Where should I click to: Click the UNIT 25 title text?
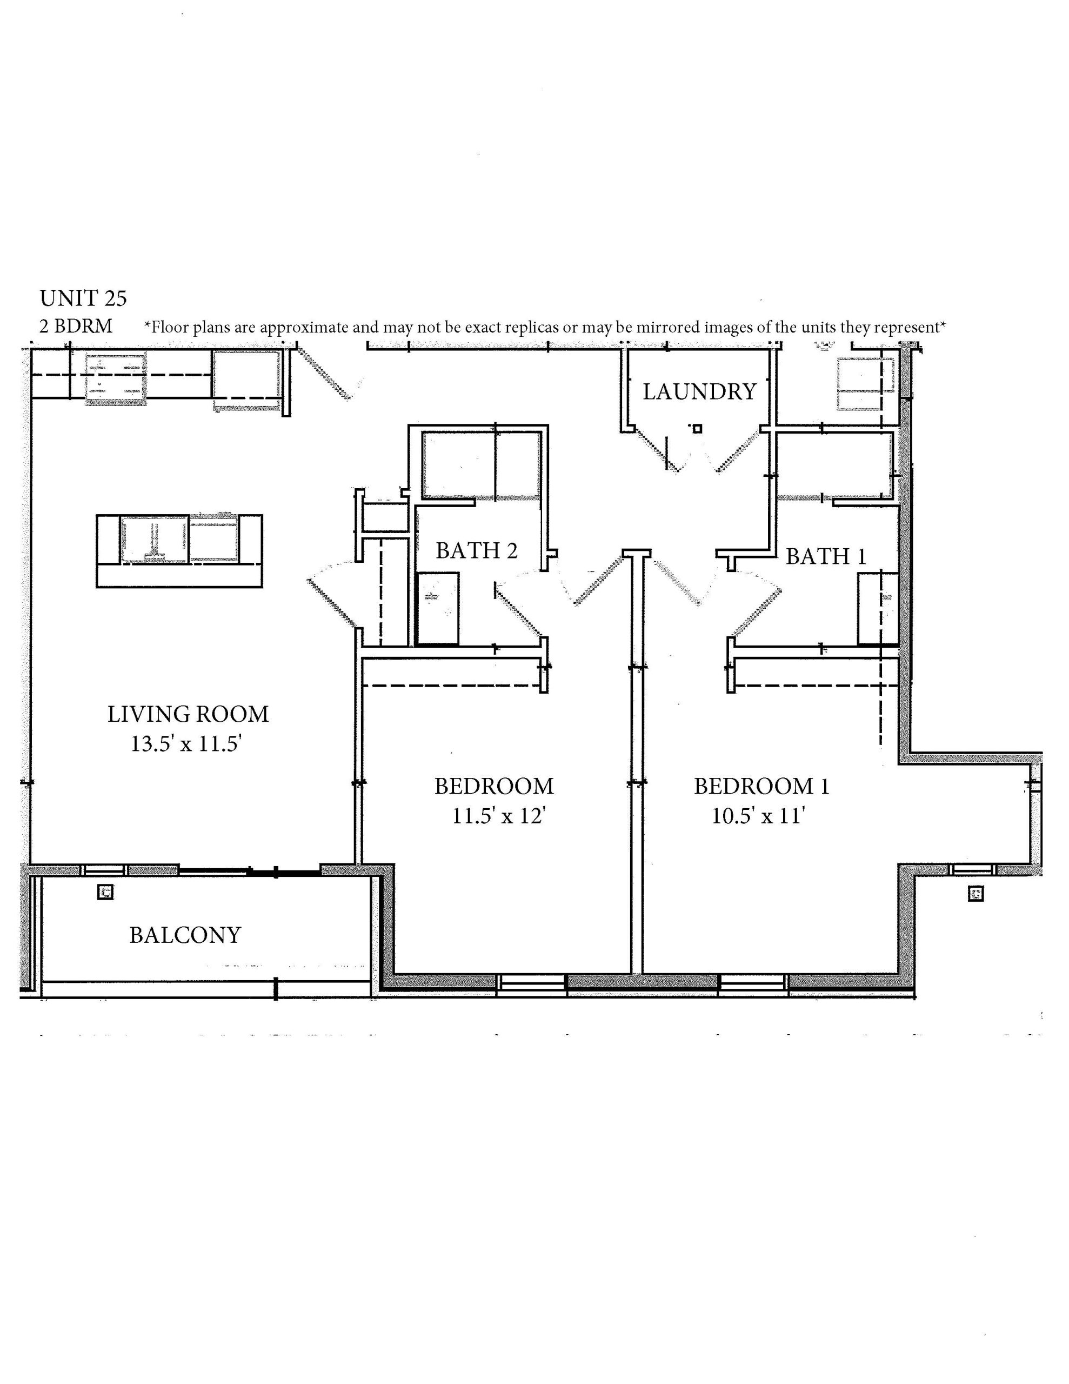[83, 298]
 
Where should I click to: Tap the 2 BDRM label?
[76, 327]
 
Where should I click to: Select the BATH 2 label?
[477, 550]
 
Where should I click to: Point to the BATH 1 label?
[826, 556]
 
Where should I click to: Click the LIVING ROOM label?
[188, 714]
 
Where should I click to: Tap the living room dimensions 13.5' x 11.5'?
[187, 743]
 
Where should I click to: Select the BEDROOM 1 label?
[761, 787]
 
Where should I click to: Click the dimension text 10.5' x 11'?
[758, 816]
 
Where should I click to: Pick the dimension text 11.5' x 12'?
[499, 816]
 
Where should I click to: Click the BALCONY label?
[185, 935]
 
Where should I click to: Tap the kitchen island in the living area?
[179, 551]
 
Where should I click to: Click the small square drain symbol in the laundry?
[698, 428]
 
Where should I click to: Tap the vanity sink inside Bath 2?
[438, 608]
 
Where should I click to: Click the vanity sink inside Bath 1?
[878, 608]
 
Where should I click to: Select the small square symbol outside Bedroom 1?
[976, 894]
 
